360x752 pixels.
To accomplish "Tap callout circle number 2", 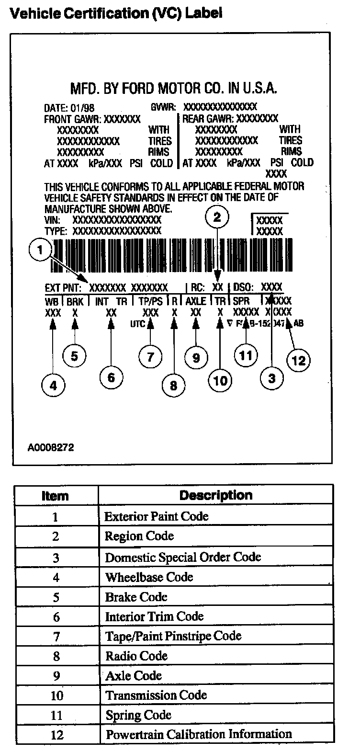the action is [x=217, y=218].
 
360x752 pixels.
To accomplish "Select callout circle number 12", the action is [x=298, y=360].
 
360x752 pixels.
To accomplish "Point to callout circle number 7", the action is [x=150, y=356].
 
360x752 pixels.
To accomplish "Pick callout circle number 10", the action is [x=220, y=381].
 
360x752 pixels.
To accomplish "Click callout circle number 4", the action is [x=53, y=385].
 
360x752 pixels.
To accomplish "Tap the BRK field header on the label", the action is [x=75, y=301].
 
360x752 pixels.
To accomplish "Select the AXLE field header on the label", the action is [x=196, y=301].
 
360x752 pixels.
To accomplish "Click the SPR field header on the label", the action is [x=241, y=301].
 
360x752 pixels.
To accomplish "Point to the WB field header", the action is [x=52, y=301].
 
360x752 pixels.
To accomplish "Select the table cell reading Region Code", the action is [x=139, y=536].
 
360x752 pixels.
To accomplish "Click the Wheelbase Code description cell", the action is [x=149, y=577].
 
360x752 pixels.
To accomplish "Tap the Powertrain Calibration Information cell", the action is [x=199, y=734].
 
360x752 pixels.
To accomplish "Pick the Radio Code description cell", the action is [x=136, y=656].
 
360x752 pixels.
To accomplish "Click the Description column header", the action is [x=215, y=495].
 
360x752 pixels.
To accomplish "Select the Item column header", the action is [x=56, y=496].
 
